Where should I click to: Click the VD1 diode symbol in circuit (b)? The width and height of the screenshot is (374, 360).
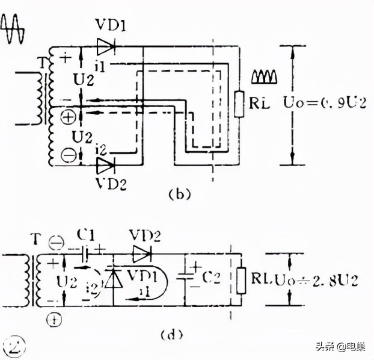[105, 46]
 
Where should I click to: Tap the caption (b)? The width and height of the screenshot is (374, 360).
[179, 194]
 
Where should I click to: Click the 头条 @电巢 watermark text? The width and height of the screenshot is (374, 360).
[341, 346]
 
